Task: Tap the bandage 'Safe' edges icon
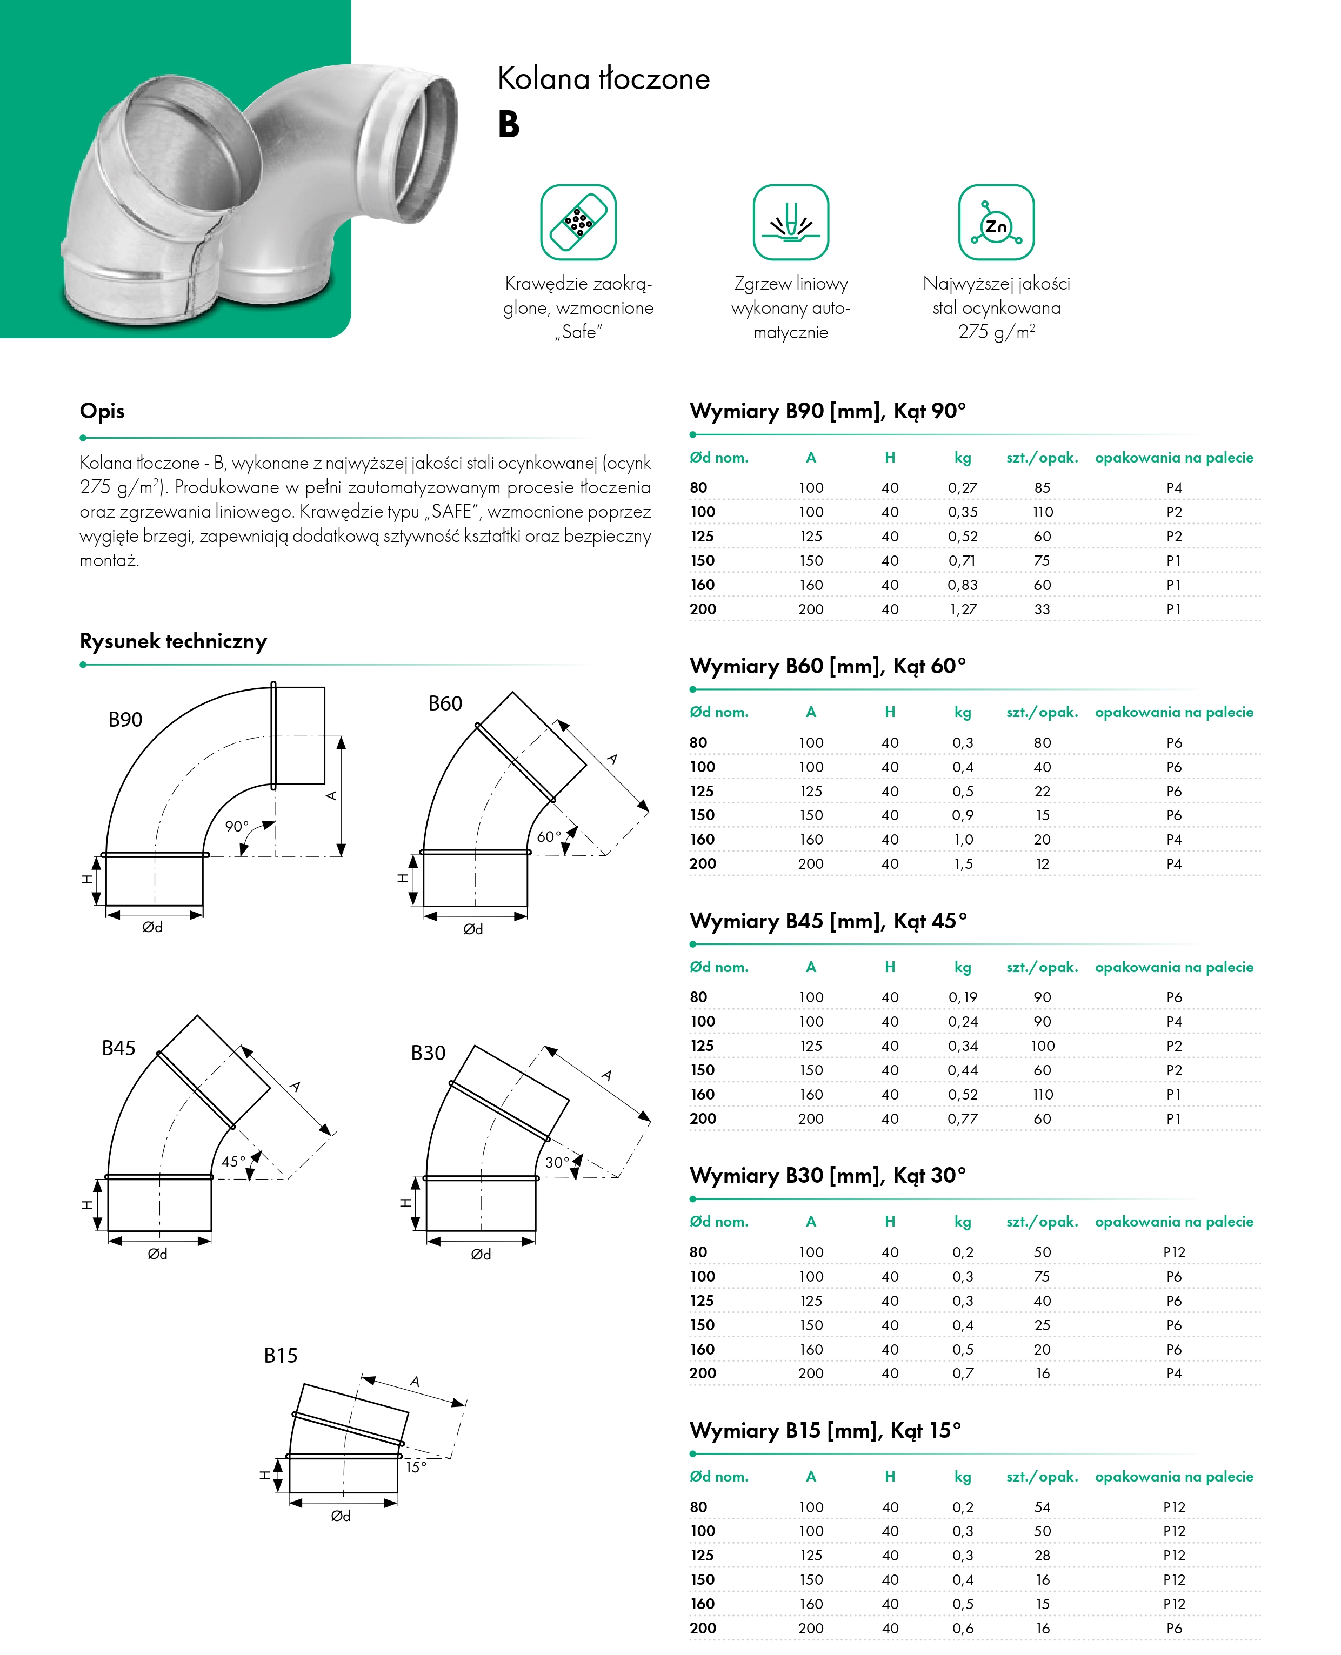tap(578, 223)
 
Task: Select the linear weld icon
tap(790, 223)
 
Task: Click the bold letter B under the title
tap(508, 125)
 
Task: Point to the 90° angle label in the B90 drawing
tap(236, 826)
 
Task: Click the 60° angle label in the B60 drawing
tap(549, 836)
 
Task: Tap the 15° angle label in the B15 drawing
tap(416, 1466)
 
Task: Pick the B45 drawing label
tap(118, 1048)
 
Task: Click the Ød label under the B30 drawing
tap(481, 1254)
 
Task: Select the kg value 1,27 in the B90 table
tap(963, 609)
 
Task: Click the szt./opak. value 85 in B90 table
tap(1042, 487)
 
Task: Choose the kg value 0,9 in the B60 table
tap(963, 815)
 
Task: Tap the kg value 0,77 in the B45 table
tap(963, 1118)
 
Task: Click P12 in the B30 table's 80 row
tap(1173, 1252)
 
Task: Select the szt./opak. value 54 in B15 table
tap(1042, 1507)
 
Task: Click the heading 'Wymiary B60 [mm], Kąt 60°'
tap(828, 666)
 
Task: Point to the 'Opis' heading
tap(102, 411)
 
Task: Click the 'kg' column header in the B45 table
tap(963, 967)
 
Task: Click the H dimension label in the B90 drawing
tap(87, 879)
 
